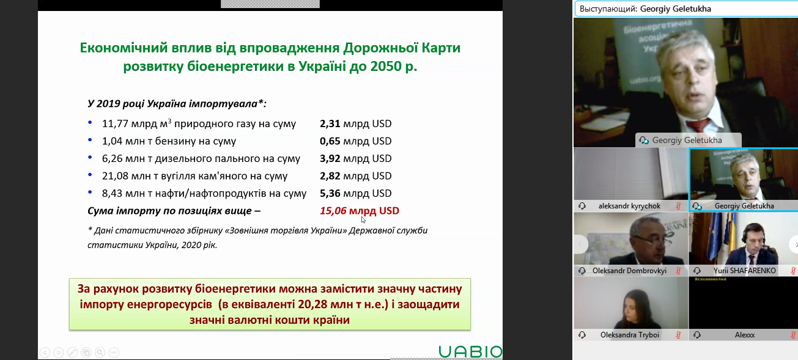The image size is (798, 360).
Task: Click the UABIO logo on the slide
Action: point(470,351)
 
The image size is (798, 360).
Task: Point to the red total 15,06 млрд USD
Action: point(360,211)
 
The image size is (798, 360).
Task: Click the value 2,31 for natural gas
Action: point(330,123)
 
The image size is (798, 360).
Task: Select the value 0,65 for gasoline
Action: point(330,141)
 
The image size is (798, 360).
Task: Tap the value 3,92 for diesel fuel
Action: point(330,158)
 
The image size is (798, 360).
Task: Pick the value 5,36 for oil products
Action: point(330,193)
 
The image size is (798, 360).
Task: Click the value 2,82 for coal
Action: point(330,176)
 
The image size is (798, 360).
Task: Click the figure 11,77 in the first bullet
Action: point(115,123)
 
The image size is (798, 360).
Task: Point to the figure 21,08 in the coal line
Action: point(115,176)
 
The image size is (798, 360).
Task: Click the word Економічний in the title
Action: point(124,48)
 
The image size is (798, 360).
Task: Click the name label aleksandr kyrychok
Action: point(629,206)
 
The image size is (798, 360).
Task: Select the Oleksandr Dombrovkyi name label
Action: point(629,271)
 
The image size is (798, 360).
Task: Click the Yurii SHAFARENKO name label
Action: point(745,271)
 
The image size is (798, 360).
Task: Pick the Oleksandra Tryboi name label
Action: point(629,335)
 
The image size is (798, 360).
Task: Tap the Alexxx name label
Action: point(745,335)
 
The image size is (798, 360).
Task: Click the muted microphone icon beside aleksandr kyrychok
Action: point(678,206)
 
